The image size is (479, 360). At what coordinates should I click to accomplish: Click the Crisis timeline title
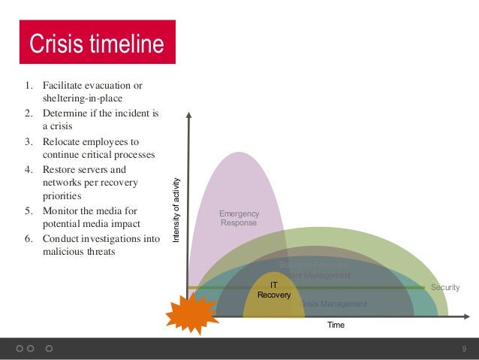tap(95, 44)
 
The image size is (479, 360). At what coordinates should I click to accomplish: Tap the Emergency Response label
tap(238, 219)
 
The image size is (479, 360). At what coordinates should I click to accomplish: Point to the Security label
tap(445, 287)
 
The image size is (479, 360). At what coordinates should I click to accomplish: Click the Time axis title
tap(336, 326)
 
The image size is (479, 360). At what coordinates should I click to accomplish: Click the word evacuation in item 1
tap(103, 85)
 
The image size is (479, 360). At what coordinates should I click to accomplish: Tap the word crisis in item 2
tap(57, 127)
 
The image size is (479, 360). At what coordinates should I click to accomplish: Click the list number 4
tap(28, 170)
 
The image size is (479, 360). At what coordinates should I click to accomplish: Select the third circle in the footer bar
tap(49, 349)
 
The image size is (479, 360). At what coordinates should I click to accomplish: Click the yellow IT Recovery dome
tap(269, 304)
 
